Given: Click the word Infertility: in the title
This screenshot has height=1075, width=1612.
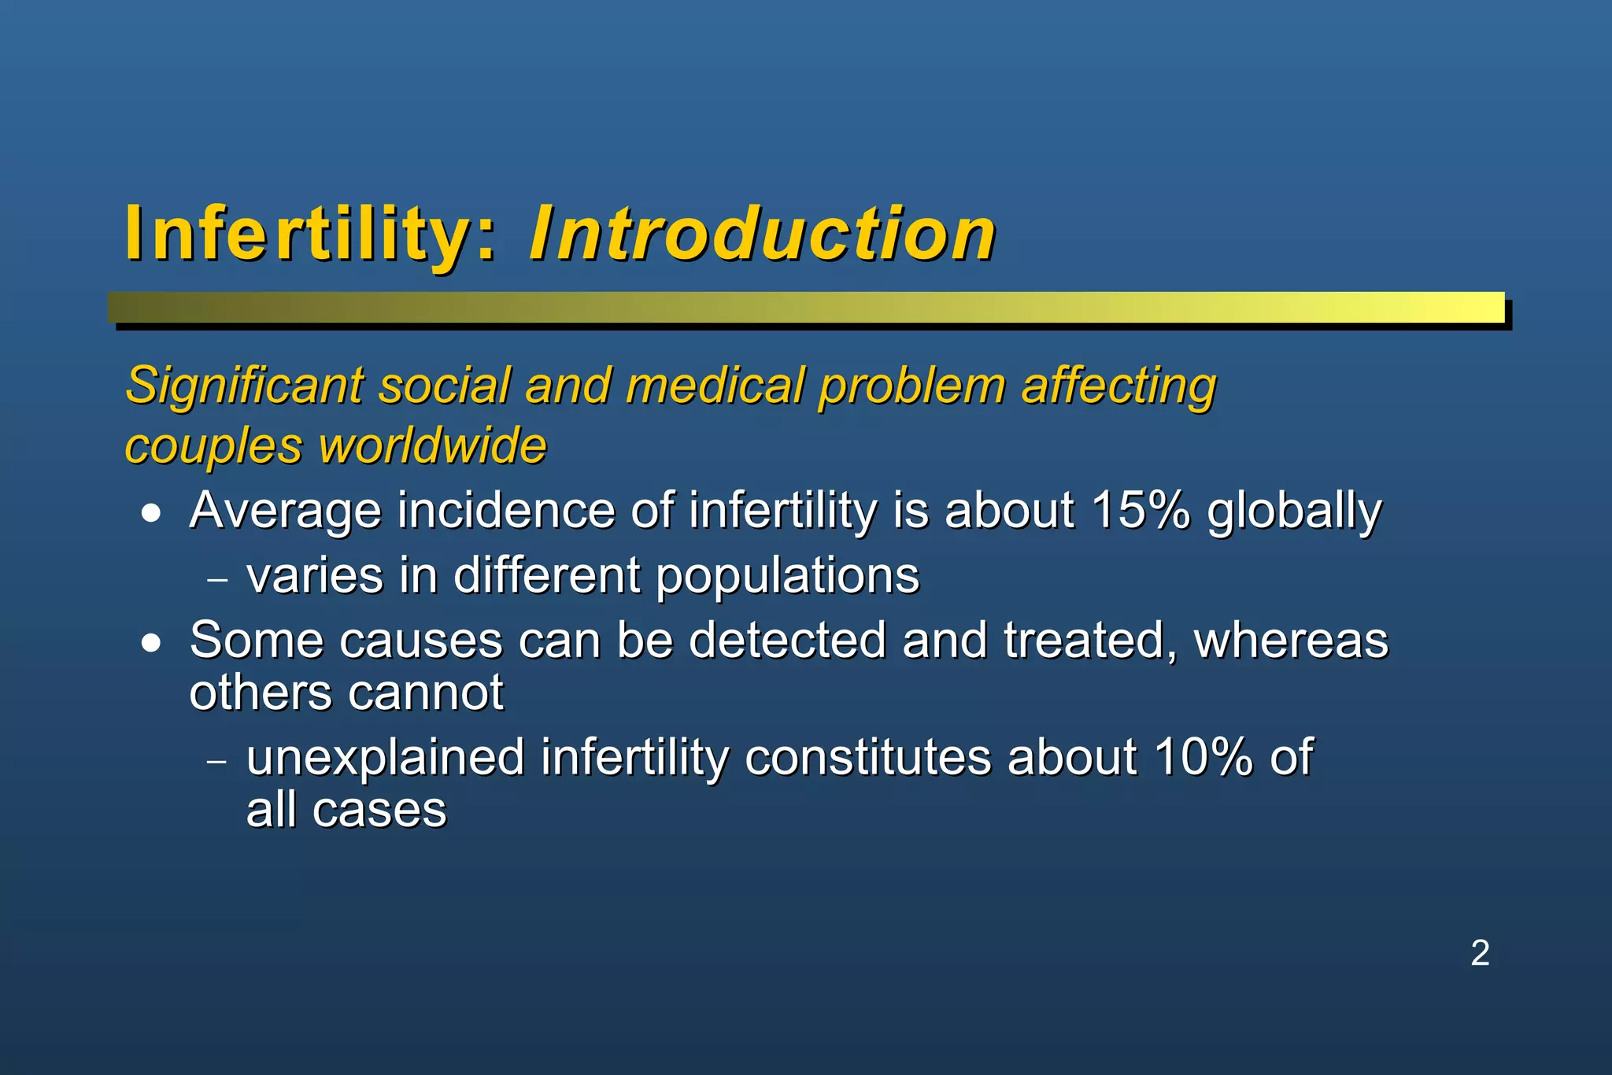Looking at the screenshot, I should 311,234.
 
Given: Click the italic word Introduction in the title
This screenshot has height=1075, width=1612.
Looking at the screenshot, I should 762,234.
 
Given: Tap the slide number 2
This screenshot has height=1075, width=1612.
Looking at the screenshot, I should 1480,953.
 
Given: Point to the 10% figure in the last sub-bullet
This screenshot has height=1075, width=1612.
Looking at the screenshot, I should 1203,757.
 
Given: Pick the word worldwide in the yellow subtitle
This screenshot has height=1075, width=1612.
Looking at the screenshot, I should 432,445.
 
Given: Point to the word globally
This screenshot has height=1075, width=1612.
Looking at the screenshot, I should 1294,512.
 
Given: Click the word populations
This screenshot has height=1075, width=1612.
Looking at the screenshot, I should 787,576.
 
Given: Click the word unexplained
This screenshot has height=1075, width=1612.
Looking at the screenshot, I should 386,759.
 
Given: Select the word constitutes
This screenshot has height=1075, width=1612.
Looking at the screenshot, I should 867,757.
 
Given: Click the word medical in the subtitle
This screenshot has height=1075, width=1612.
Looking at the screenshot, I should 715,386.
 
